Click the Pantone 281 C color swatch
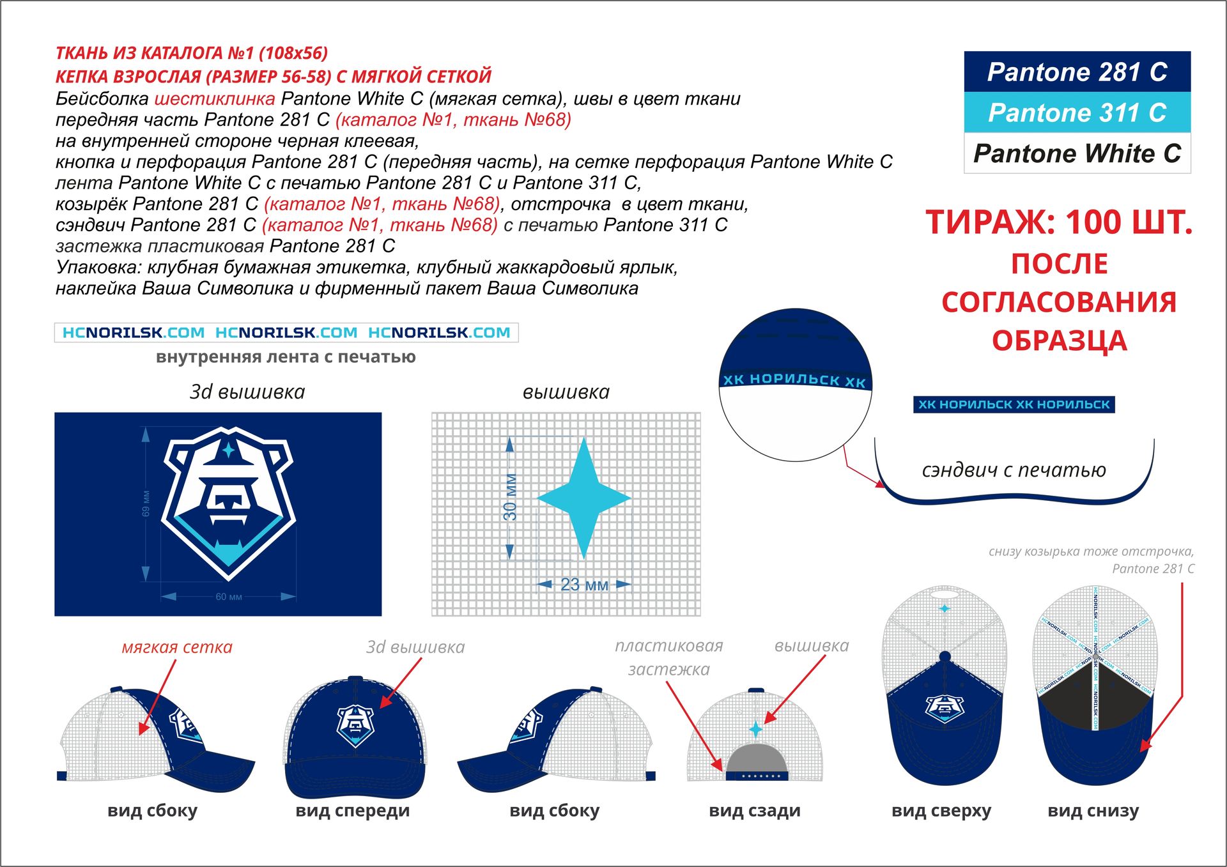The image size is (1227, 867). [1077, 72]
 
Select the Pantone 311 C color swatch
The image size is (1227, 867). [1077, 112]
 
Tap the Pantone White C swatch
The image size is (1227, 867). [1077, 153]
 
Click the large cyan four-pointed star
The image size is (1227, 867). [583, 498]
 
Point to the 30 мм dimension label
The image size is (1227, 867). [510, 497]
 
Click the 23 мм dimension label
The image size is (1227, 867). [584, 584]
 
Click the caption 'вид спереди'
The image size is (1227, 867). [352, 811]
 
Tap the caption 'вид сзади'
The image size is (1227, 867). [754, 811]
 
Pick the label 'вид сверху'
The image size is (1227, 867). [941, 811]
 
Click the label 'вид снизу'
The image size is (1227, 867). [1093, 811]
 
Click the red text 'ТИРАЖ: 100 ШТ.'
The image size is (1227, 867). [1059, 223]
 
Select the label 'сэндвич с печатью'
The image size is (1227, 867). [1014, 470]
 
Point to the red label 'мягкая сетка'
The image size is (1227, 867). [177, 647]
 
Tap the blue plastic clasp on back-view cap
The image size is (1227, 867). [757, 776]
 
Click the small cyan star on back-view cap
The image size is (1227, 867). [756, 729]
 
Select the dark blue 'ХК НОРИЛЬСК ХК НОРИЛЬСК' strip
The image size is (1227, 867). [1014, 404]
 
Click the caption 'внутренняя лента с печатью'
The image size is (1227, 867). [286, 357]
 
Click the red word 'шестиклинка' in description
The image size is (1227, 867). [215, 99]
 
